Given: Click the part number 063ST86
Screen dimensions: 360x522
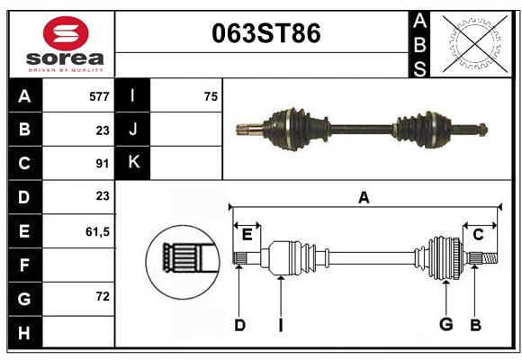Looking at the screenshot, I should coord(265,34).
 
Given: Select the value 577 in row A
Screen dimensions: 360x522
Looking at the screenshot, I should coord(99,95).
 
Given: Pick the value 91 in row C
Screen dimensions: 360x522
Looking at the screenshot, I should coord(102,164).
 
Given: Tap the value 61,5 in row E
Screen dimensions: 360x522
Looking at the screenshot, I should coord(97,231).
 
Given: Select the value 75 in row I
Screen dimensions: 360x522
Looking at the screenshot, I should coord(211,95).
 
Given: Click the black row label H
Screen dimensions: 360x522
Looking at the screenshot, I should coord(24,333).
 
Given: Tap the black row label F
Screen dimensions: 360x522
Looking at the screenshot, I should coord(24,265).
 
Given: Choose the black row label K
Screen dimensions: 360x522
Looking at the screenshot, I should coord(133,163).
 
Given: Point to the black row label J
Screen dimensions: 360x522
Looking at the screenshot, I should coord(133,130).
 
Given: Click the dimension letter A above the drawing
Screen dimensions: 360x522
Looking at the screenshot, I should coord(364,198).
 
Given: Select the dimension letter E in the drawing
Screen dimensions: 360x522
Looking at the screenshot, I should coord(247,235).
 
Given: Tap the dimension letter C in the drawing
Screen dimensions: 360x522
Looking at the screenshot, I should coord(479,235).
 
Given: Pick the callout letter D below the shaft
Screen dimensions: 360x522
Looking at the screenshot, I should coord(239,325).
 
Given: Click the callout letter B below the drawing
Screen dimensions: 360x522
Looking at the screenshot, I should coord(475,325).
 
